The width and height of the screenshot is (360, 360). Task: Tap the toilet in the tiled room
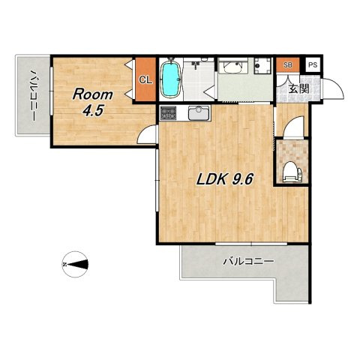click(292, 172)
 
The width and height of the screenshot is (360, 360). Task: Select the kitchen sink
click(199, 113)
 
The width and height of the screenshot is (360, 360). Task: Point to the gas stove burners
click(168, 113)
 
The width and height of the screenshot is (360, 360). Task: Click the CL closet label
click(145, 79)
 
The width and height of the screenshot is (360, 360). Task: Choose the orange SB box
click(288, 65)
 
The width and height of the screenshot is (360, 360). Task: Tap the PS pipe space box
click(313, 65)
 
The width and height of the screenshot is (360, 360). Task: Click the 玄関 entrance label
click(299, 88)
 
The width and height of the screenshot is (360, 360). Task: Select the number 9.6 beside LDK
click(243, 179)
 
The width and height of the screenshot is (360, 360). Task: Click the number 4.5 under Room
click(93, 111)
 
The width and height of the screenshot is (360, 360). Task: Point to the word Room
click(92, 94)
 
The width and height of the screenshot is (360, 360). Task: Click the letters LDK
click(212, 179)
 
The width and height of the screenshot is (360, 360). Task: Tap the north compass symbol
click(75, 264)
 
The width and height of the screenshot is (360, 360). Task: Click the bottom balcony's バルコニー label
click(248, 262)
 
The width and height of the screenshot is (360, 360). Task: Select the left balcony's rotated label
click(34, 95)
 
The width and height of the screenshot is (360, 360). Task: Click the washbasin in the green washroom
click(232, 67)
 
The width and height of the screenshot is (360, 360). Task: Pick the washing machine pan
click(262, 65)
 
